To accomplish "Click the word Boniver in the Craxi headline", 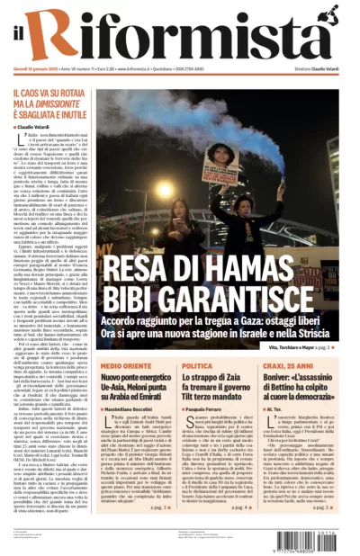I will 298,381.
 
